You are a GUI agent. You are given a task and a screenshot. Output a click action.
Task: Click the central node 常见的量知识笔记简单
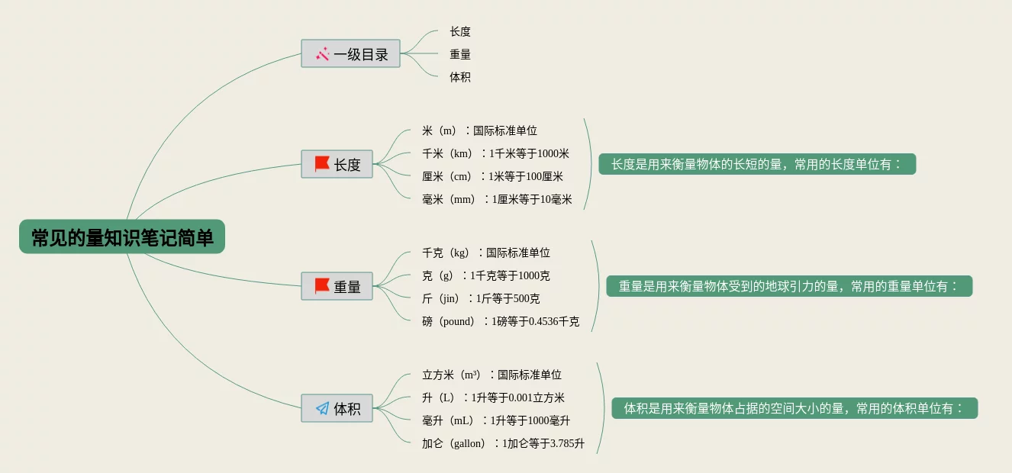(x=122, y=237)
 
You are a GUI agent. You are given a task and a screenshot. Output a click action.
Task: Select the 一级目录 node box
(x=350, y=54)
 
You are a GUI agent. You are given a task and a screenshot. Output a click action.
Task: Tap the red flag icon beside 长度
(x=322, y=164)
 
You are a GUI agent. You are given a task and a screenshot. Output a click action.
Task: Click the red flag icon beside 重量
(x=322, y=286)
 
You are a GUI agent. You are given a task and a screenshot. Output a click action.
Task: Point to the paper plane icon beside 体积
(x=322, y=409)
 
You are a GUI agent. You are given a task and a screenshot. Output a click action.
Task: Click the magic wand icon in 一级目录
(x=322, y=54)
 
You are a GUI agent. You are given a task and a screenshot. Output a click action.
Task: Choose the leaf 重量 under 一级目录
(x=460, y=54)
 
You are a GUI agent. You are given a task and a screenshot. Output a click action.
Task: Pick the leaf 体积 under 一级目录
(x=460, y=77)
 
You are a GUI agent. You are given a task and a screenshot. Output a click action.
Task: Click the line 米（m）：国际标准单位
(x=479, y=130)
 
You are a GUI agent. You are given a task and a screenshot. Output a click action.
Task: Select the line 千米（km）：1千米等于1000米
(x=495, y=153)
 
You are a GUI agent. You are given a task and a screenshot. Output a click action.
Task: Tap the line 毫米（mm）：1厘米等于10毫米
(x=497, y=199)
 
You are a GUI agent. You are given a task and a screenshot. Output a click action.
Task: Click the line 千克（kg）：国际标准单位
(x=486, y=253)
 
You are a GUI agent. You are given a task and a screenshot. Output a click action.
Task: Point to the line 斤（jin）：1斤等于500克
(x=481, y=298)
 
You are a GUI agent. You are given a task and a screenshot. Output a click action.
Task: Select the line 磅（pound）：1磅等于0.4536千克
(x=501, y=321)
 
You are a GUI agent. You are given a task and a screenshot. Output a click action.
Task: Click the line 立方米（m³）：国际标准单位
(x=491, y=375)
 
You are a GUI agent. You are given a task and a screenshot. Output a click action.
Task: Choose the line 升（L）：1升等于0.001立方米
(x=493, y=397)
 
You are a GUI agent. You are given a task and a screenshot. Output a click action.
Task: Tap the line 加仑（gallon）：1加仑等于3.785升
(x=503, y=443)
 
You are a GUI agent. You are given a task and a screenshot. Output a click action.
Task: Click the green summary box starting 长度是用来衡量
(x=756, y=164)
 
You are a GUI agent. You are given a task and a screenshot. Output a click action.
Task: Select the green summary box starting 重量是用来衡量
(x=789, y=286)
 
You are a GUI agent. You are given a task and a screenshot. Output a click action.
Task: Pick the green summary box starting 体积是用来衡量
(x=794, y=408)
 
